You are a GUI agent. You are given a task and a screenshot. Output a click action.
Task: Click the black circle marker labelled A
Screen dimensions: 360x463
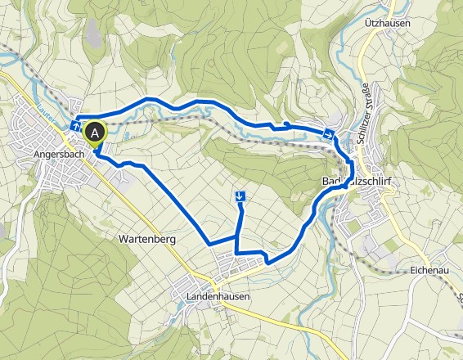pos(97,132)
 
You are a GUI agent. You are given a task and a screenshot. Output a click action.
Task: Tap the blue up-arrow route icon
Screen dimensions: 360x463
pos(76,127)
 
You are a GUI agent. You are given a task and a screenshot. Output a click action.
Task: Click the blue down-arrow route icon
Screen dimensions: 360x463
pos(240,196)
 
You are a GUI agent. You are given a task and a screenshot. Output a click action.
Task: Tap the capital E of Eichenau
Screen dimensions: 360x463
pos(411,268)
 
